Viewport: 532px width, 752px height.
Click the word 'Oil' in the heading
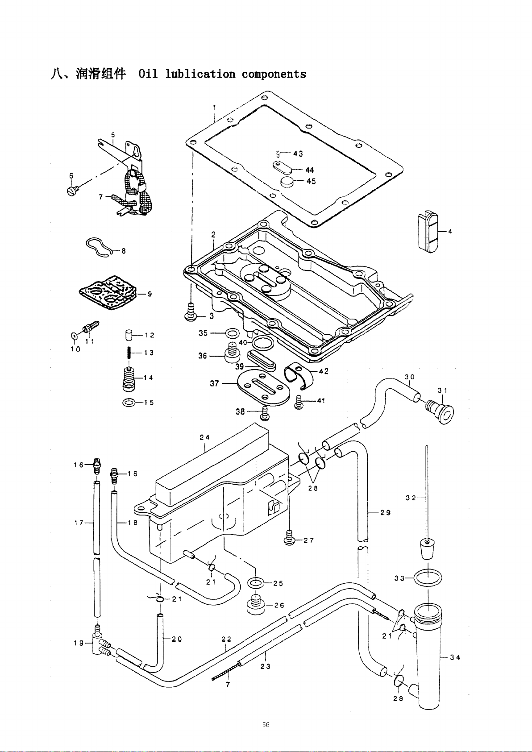click(x=148, y=74)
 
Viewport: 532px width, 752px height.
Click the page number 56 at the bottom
click(x=266, y=725)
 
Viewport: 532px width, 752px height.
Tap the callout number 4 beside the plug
click(x=450, y=231)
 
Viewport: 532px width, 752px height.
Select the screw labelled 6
click(x=72, y=191)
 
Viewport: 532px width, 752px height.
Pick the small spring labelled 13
click(x=129, y=352)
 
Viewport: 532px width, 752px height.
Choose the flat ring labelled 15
click(x=129, y=403)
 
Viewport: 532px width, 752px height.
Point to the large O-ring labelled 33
click(x=428, y=578)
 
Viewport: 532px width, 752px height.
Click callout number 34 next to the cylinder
click(x=455, y=657)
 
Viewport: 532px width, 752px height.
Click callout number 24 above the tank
click(x=205, y=437)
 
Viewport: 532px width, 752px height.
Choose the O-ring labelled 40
click(x=262, y=344)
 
